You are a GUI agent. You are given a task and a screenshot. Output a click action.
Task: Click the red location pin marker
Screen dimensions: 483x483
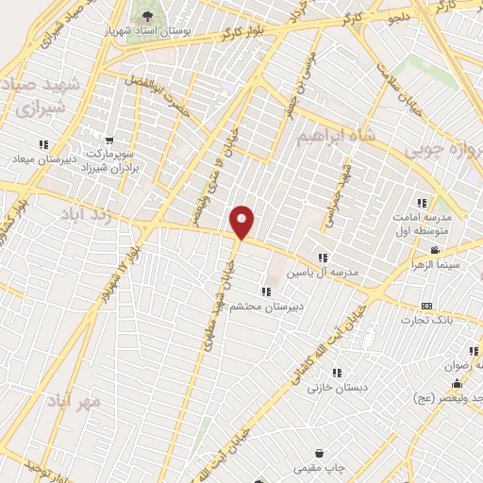click(243, 222)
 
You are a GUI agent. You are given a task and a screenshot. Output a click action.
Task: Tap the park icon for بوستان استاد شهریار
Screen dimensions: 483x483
click(146, 16)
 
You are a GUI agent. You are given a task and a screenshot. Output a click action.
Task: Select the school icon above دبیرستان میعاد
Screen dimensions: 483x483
click(43, 144)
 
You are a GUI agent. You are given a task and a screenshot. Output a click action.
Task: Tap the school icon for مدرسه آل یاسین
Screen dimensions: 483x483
click(323, 257)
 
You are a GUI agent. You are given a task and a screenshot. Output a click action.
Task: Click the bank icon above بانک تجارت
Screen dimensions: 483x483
click(425, 307)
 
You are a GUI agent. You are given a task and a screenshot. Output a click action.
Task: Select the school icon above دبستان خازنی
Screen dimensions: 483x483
click(337, 373)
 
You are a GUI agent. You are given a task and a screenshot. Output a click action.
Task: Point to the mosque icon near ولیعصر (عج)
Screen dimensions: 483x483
click(457, 384)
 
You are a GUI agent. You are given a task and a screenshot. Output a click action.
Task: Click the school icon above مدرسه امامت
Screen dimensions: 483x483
click(422, 202)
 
